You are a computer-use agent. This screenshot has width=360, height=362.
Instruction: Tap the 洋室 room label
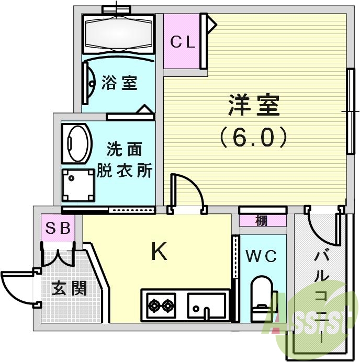tap(254, 106)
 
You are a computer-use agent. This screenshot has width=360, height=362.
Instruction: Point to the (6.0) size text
tap(253, 137)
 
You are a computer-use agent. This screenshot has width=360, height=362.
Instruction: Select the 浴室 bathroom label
tap(120, 82)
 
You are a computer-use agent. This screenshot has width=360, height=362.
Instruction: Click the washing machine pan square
tap(77, 184)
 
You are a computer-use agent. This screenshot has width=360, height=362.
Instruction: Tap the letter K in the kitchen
tap(159, 253)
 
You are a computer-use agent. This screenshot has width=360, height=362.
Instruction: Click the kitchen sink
tap(207, 304)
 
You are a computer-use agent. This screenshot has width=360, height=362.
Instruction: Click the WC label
tap(262, 256)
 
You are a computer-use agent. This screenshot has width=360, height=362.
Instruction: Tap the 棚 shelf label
tap(262, 221)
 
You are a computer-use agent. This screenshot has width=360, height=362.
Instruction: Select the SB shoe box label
tap(59, 228)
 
